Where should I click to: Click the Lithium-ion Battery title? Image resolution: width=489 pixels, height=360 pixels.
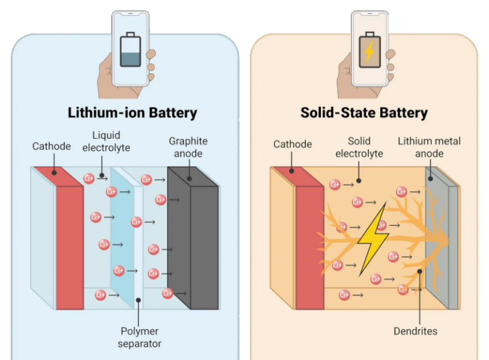click(132, 113)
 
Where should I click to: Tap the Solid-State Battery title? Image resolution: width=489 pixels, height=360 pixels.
click(364, 113)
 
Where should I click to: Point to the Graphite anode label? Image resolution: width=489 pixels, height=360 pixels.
click(188, 147)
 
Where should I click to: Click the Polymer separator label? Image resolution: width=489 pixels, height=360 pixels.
click(139, 338)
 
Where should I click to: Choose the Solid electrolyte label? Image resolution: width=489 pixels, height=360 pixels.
click(359, 147)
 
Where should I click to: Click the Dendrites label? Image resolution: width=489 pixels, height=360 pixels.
click(416, 331)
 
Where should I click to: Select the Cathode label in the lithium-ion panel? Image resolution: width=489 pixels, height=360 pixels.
click(52, 147)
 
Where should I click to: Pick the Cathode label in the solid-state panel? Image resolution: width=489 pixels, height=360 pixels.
click(292, 145)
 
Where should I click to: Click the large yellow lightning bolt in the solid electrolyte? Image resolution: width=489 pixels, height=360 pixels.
click(372, 238)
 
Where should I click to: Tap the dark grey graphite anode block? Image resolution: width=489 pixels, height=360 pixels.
click(195, 242)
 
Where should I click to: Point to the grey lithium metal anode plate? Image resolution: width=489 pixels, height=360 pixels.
click(438, 242)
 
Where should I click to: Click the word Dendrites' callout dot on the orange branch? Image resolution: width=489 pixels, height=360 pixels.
click(420, 272)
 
